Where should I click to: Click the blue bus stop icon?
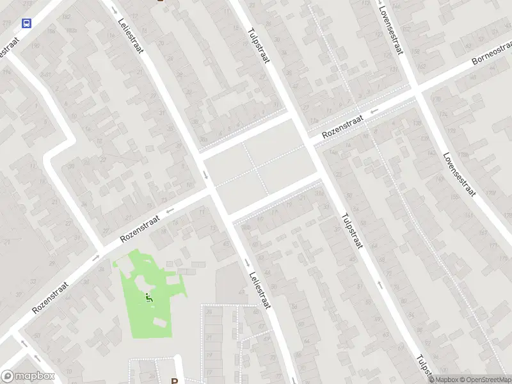[26, 24]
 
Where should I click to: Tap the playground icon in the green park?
[149, 298]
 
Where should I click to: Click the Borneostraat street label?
[492, 58]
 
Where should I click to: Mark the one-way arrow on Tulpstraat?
[380, 284]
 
